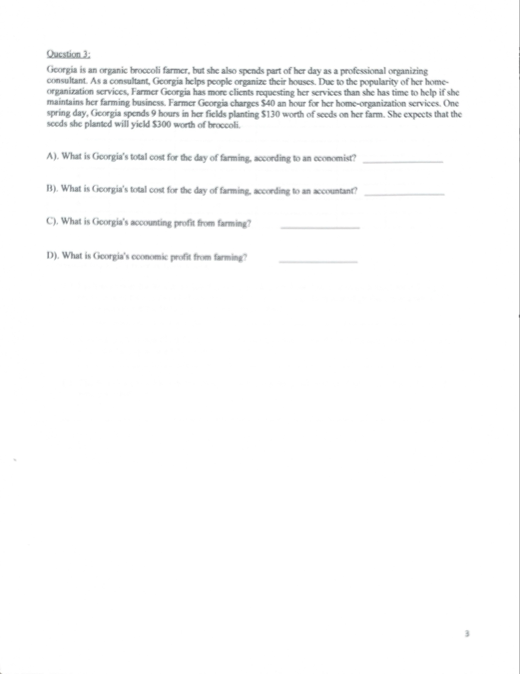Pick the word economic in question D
[x=149, y=257]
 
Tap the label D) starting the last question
[x=53, y=256]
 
